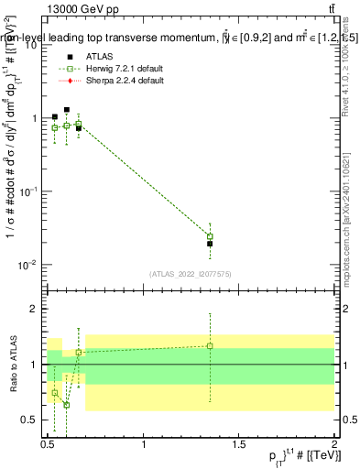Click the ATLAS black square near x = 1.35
[x=210, y=244]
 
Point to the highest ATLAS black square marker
[x=67, y=110]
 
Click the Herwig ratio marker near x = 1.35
[x=210, y=345]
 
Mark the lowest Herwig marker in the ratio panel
[x=67, y=404]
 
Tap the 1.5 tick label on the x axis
[x=239, y=444]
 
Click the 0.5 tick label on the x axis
[x=49, y=444]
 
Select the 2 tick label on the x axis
[x=334, y=444]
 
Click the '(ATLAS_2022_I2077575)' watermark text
[x=190, y=273]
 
